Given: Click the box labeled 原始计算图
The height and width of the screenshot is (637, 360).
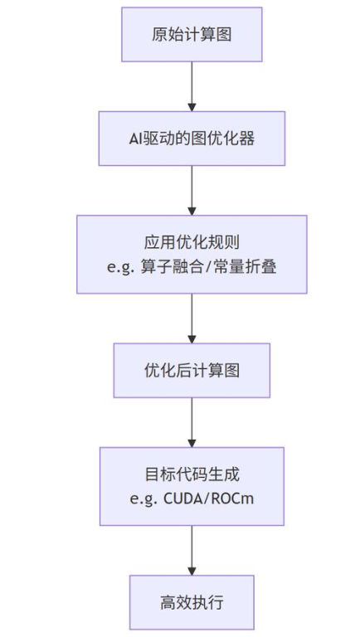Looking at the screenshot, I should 192,34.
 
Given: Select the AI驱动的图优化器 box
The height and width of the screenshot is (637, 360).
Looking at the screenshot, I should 192,139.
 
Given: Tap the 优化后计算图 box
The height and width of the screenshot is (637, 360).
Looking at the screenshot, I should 192,370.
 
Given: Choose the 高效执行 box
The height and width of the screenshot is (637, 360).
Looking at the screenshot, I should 192,602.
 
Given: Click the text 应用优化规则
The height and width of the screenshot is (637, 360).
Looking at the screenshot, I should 192,244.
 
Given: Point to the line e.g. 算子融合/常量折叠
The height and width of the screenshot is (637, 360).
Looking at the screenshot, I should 192,267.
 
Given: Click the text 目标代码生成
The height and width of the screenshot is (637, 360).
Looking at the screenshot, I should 192,475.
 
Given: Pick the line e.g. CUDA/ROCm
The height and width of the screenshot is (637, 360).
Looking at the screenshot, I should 192,498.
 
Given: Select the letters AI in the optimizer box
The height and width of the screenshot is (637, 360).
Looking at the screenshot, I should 136,139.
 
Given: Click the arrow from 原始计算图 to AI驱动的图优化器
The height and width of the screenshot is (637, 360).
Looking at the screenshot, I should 192,85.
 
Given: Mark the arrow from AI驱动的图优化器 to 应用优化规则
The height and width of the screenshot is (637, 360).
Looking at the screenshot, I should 192,190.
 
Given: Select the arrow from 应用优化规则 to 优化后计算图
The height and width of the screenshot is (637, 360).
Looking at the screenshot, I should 192,318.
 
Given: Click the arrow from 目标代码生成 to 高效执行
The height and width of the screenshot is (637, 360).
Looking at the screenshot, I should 192,549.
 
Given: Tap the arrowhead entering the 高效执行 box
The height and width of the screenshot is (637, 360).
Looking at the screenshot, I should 192,571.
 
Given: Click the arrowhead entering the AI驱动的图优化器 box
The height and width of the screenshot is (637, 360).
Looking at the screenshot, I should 192,107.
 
